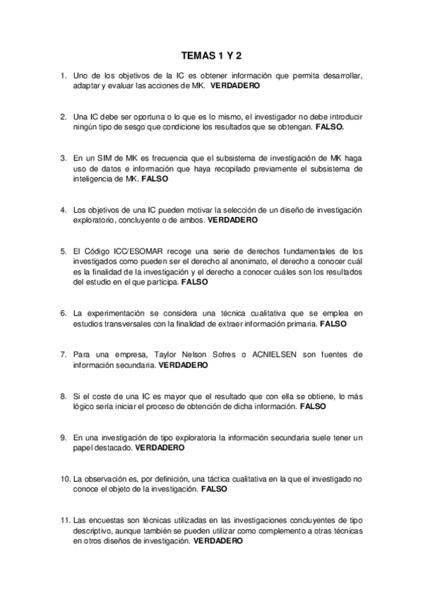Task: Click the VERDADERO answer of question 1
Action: tap(235, 85)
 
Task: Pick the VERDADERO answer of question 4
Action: tap(233, 220)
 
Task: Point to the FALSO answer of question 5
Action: tap(195, 281)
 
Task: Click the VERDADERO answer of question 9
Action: tap(160, 447)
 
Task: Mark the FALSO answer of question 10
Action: tap(215, 488)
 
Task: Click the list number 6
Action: tap(64, 313)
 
